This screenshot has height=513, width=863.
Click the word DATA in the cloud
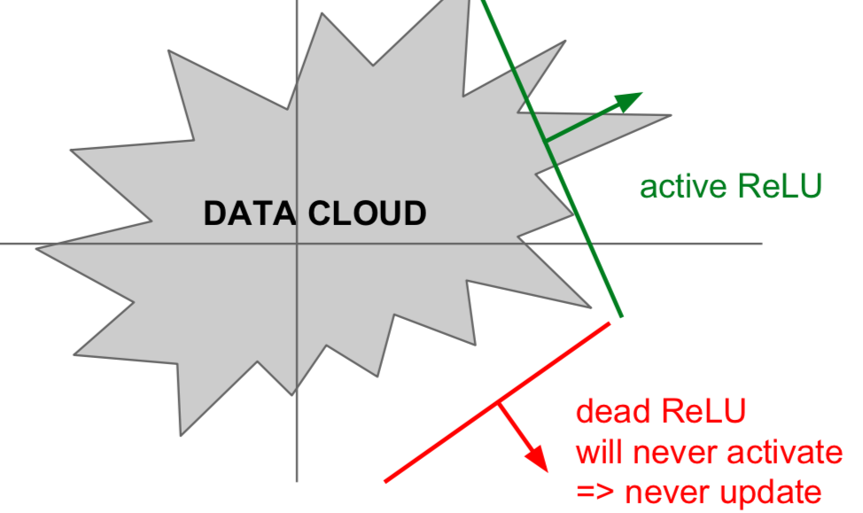coord(249,213)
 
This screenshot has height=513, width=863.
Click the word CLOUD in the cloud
coord(367,213)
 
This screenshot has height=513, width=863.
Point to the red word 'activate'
coord(785,453)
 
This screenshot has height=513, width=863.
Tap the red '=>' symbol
coord(595,492)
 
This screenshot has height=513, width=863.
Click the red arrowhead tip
coord(548,471)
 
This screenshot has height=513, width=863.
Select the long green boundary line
coord(552,158)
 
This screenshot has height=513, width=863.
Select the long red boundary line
coord(498,402)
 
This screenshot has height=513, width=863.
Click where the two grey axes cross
coord(297,243)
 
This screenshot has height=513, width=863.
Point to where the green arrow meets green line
coord(545,142)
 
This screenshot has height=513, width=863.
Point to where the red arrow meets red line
coord(499,403)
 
